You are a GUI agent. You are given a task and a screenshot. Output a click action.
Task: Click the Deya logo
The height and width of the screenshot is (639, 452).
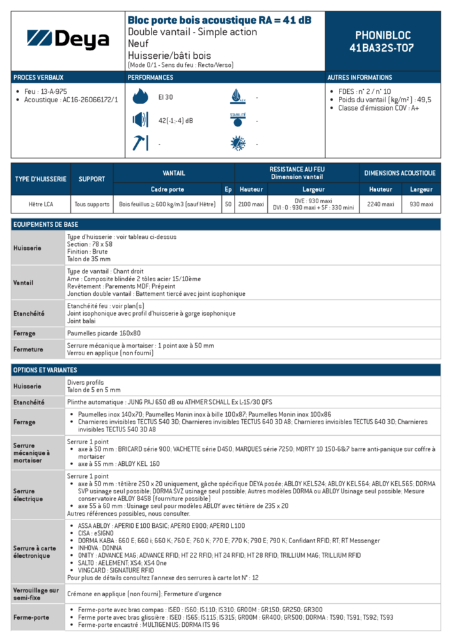pyautogui.click(x=68, y=40)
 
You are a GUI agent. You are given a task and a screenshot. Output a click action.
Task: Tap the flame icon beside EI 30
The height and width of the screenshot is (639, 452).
pyautogui.click(x=139, y=97)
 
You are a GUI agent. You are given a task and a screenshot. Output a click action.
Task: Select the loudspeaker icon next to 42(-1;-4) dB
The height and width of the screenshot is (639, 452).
pyautogui.click(x=139, y=120)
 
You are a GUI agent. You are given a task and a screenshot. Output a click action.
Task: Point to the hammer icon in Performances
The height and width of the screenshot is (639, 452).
pyautogui.click(x=139, y=143)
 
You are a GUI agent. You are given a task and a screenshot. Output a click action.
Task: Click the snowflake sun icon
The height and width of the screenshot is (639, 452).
pyautogui.click(x=238, y=143)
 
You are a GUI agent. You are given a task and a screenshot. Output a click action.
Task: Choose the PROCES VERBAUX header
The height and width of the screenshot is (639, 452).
pyautogui.click(x=38, y=77)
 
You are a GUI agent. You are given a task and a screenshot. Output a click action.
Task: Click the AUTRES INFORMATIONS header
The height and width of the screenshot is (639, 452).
pyautogui.click(x=360, y=77)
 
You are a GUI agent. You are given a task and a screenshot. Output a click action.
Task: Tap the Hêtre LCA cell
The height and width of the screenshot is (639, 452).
pyautogui.click(x=40, y=204)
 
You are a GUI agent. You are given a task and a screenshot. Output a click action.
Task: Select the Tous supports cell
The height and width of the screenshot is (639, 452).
pyautogui.click(x=91, y=204)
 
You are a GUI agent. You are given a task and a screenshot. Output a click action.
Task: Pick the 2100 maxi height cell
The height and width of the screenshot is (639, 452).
pyautogui.click(x=251, y=204)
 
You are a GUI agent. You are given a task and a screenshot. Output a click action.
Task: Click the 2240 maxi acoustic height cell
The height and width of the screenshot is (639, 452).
pyautogui.click(x=380, y=204)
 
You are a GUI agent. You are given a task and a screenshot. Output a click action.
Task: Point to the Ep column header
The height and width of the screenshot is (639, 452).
pyautogui.click(x=228, y=189)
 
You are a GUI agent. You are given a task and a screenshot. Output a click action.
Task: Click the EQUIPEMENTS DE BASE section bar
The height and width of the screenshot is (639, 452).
pyautogui.click(x=226, y=224)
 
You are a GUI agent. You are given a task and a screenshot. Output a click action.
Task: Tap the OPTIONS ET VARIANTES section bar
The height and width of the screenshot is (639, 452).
pyautogui.click(x=226, y=370)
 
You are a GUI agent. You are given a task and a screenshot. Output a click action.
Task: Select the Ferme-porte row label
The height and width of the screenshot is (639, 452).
pyautogui.click(x=37, y=617)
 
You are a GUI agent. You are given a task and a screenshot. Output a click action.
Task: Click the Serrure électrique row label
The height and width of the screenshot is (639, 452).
pyautogui.click(x=37, y=495)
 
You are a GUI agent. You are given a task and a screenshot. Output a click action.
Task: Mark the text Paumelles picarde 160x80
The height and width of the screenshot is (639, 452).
pyautogui.click(x=104, y=334)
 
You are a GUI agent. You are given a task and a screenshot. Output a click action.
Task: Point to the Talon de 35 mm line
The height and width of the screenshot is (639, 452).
pyautogui.click(x=89, y=259)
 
